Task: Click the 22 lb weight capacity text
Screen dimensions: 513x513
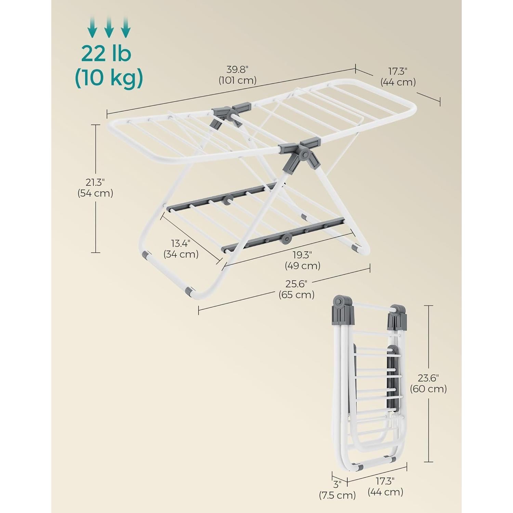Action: coord(106,54)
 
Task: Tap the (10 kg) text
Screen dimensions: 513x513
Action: coord(109,78)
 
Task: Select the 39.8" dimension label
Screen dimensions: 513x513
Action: coord(237,70)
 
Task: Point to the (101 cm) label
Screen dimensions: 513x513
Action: coord(237,81)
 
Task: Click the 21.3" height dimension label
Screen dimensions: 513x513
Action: coord(95,182)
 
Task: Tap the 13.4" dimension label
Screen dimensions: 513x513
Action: coord(181,243)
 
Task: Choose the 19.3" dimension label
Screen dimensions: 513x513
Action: coord(302,255)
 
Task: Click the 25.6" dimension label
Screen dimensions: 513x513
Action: coord(296,284)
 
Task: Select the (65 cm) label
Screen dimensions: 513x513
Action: coord(296,294)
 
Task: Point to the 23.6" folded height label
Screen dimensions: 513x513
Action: coord(428,378)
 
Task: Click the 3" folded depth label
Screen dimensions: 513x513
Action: coord(338,484)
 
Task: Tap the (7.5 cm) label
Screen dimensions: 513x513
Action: coord(338,495)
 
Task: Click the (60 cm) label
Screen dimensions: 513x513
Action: coord(428,389)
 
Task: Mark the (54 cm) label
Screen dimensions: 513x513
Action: coord(95,193)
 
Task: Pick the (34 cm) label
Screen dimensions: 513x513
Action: coord(181,254)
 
